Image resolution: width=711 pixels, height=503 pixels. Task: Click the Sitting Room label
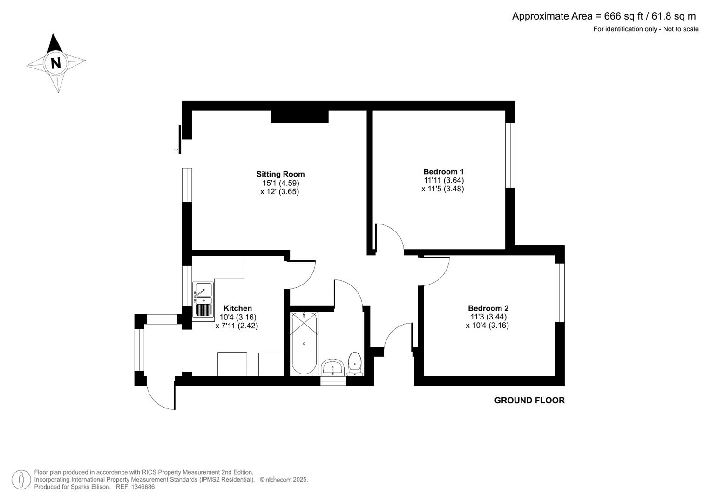click(x=280, y=174)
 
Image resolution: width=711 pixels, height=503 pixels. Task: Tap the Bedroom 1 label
click(x=443, y=171)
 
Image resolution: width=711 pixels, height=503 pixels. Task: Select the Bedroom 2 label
click(x=488, y=308)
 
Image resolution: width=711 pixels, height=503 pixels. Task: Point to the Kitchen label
click(x=238, y=308)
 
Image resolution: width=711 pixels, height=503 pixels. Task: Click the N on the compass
click(x=56, y=63)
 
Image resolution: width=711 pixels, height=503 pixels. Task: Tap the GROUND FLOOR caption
click(x=529, y=401)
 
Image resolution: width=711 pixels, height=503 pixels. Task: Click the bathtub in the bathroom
click(x=304, y=343)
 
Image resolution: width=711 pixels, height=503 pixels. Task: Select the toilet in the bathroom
click(x=354, y=364)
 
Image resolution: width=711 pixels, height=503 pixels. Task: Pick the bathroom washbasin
click(x=332, y=368)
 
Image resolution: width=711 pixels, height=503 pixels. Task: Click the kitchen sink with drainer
click(x=203, y=299)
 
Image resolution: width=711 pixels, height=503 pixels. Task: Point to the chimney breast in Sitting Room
click(x=299, y=116)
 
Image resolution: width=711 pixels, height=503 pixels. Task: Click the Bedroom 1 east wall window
click(x=510, y=155)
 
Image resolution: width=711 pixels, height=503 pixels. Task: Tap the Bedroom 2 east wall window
click(x=560, y=293)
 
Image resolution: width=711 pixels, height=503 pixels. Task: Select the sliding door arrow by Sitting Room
click(x=176, y=139)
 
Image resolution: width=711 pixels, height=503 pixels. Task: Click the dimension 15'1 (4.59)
click(x=281, y=183)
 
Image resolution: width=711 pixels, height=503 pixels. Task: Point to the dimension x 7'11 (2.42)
click(x=237, y=326)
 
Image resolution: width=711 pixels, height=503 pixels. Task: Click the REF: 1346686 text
click(x=135, y=487)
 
